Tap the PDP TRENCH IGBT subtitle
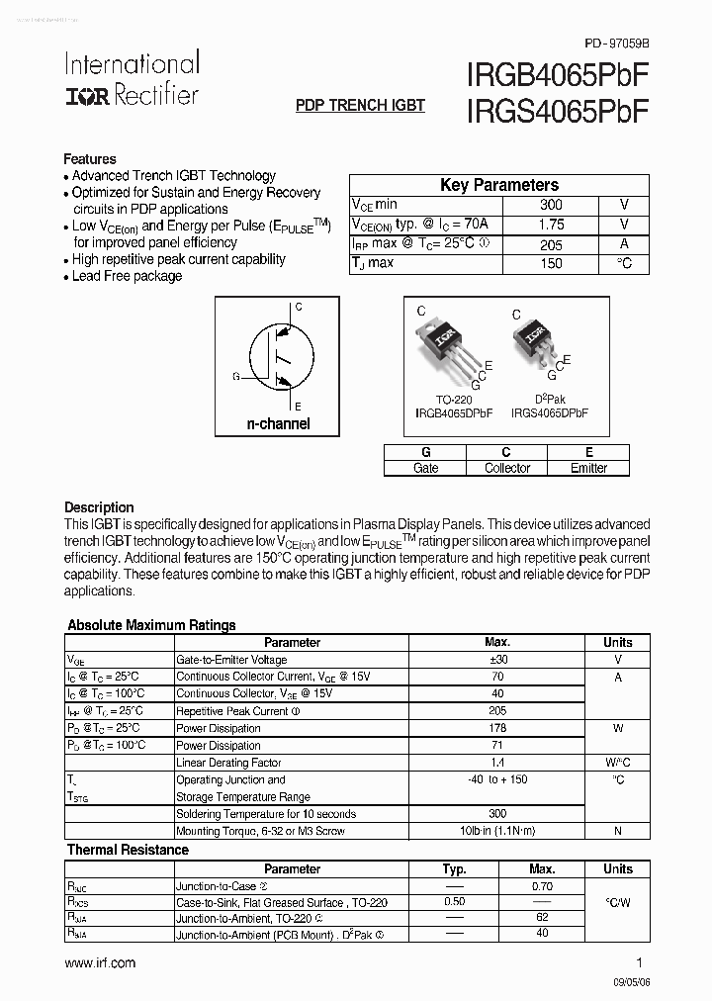point(360,105)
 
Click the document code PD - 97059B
point(617,44)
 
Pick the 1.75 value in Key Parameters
point(551,225)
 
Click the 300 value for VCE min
point(551,205)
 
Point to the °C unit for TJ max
point(624,263)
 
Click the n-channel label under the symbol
point(278,423)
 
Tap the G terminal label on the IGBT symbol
point(236,376)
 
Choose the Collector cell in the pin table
point(507,468)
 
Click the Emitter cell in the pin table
point(589,468)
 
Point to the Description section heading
point(99,506)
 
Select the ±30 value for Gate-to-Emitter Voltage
point(497,660)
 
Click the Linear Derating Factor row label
point(228,763)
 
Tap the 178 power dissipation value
point(497,728)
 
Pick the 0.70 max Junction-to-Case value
point(542,887)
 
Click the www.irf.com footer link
point(100,962)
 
